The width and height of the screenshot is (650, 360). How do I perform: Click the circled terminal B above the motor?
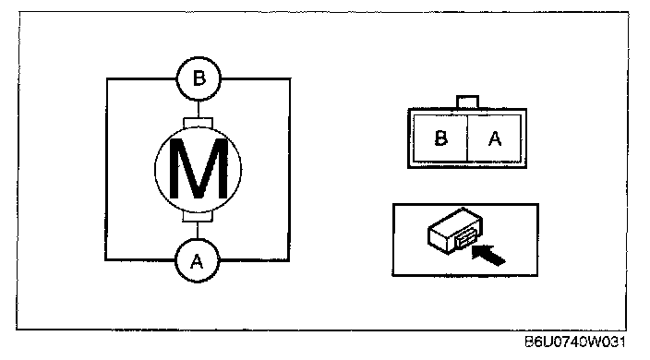(x=199, y=78)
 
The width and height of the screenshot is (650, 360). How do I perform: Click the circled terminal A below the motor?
(x=198, y=261)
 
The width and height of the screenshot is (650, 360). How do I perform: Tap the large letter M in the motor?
(x=199, y=169)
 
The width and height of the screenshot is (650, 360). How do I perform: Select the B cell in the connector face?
(x=440, y=138)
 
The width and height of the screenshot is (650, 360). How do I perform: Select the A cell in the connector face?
(x=495, y=138)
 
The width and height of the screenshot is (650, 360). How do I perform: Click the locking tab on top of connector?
(x=467, y=102)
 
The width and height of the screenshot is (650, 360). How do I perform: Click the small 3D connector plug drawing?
(x=455, y=231)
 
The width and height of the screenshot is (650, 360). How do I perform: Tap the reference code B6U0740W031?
(x=575, y=342)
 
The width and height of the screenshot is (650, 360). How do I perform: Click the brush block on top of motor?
(x=199, y=123)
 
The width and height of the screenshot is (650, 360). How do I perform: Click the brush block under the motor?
(x=198, y=217)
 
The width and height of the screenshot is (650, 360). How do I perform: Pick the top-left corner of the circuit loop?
(x=107, y=78)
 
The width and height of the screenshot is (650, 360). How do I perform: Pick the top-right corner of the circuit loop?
(x=290, y=78)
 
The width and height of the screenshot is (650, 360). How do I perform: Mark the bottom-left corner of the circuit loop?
(x=105, y=259)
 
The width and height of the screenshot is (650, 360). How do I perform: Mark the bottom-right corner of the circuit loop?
(x=289, y=260)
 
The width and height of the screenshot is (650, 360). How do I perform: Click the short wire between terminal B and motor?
(x=199, y=109)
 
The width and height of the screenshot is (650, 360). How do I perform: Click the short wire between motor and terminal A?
(x=198, y=231)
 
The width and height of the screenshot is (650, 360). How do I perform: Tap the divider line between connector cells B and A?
(x=467, y=138)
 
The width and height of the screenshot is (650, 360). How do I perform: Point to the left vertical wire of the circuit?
(x=106, y=169)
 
